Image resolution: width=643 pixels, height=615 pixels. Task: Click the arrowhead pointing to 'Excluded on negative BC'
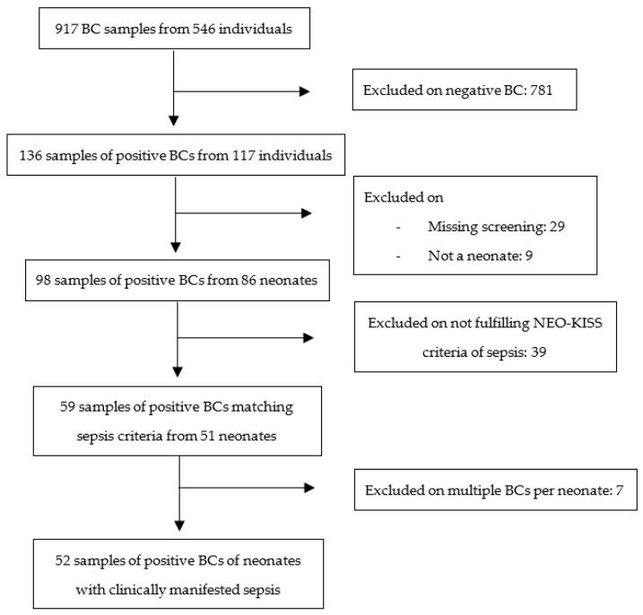click(304, 91)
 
